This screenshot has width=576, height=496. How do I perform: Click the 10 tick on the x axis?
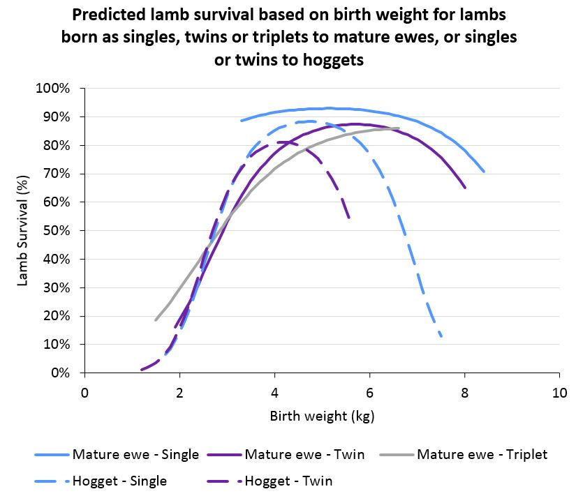coord(559,391)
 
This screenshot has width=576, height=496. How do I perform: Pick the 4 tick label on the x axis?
coord(274,391)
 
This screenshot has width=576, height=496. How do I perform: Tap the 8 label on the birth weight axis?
coord(464,391)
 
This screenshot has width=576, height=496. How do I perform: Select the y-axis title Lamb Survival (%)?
coord(22,231)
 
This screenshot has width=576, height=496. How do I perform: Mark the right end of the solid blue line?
coord(483,171)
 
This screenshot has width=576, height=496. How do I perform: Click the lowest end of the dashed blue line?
coord(441,336)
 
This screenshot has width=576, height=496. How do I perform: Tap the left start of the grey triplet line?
coord(156,320)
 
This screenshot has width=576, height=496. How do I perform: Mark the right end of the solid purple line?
coord(465,188)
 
